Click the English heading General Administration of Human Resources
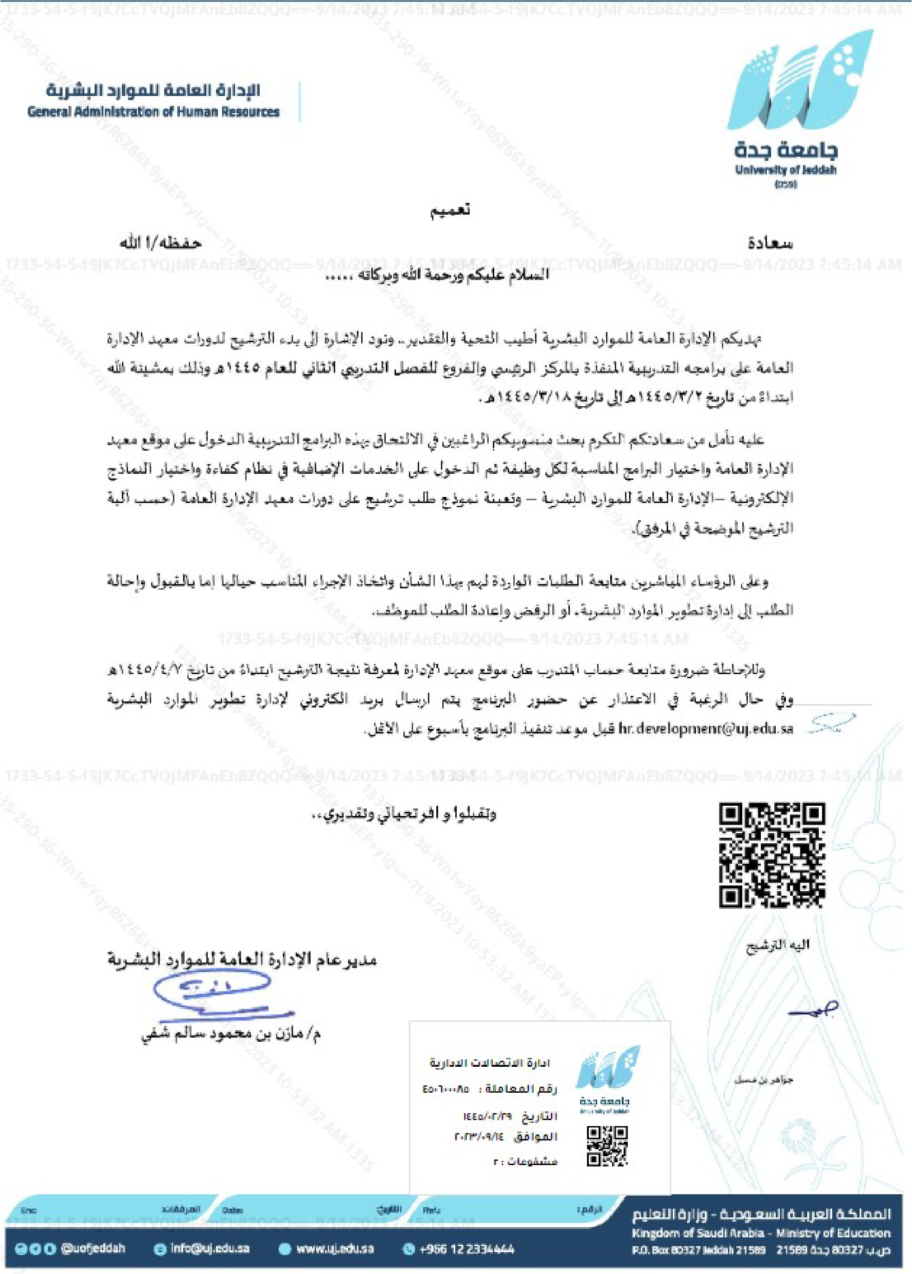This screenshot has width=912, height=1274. click(x=153, y=112)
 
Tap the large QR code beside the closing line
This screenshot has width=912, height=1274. click(x=772, y=855)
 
